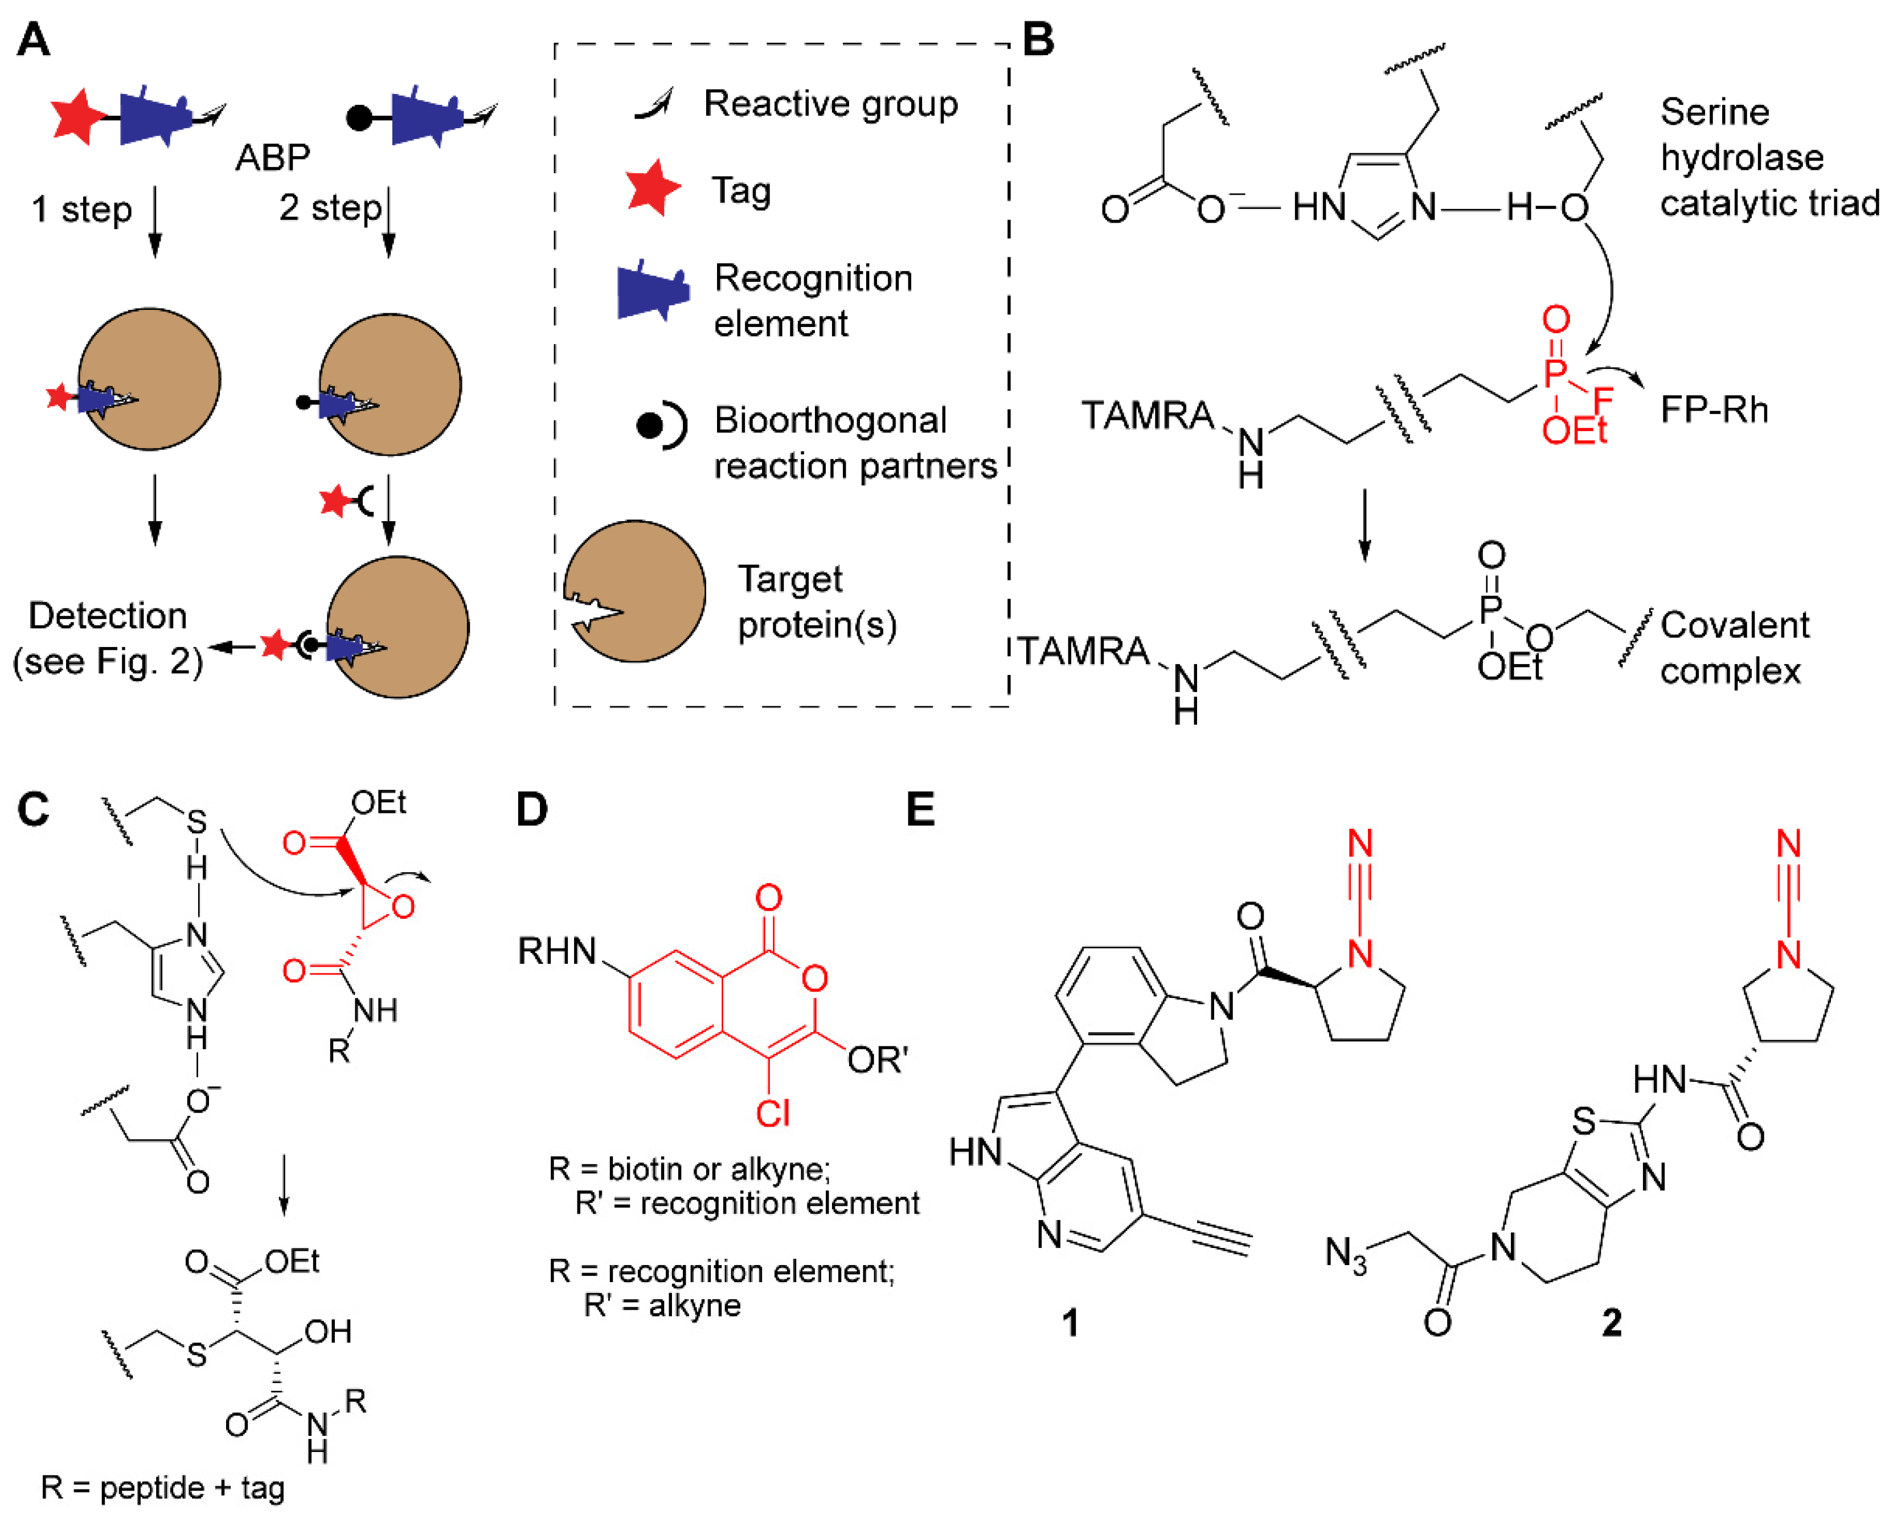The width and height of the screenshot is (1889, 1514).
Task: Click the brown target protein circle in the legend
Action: tap(635, 591)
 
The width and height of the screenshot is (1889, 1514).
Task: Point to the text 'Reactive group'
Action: tap(830, 104)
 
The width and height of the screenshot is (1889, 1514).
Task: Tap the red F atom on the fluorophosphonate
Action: tap(1603, 401)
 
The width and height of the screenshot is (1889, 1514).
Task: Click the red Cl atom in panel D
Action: tap(773, 1114)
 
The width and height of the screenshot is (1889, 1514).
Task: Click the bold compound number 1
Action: tap(1070, 1322)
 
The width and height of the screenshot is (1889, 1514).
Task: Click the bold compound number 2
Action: tap(1611, 1322)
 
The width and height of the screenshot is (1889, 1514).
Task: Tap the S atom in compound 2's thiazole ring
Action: tap(1584, 1122)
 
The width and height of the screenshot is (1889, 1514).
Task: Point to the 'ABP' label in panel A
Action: tap(272, 158)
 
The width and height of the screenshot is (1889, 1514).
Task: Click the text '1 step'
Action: tap(81, 210)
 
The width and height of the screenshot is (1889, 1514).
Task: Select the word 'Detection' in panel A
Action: tap(108, 616)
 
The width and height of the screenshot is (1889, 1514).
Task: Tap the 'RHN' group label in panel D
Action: tap(557, 951)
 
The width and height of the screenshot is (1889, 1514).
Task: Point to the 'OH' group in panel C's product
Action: tap(327, 1332)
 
